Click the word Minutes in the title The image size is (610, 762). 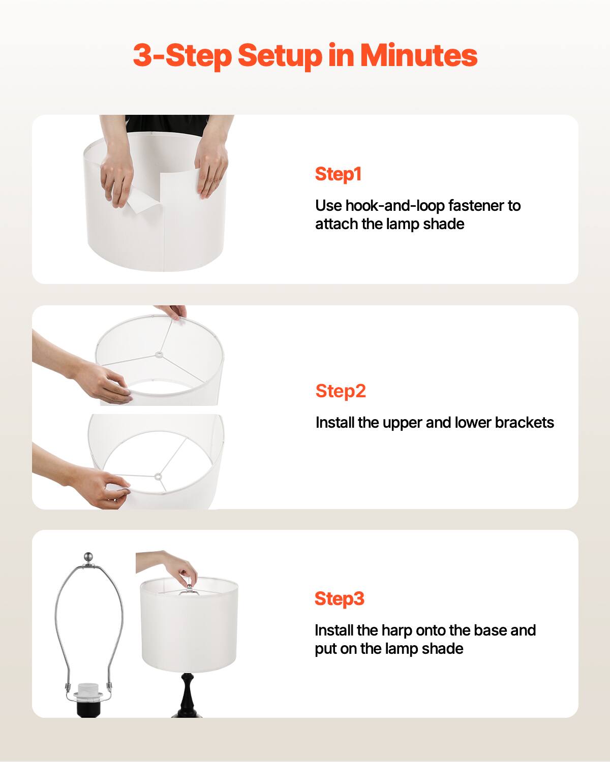419,55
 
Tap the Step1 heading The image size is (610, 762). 338,174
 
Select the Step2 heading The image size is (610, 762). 341,391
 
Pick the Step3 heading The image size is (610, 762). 340,598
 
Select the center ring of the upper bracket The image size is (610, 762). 159,352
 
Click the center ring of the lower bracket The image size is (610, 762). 158,477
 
